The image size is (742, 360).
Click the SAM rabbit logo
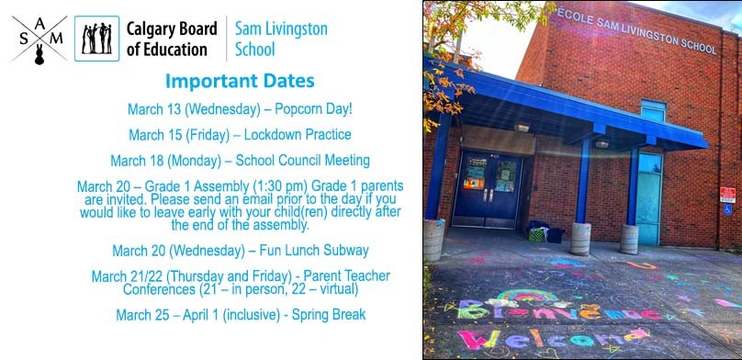pyautogui.click(x=39, y=39)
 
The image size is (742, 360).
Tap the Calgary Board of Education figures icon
pyautogui.click(x=96, y=39)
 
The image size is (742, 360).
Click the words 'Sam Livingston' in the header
pyautogui.click(x=281, y=28)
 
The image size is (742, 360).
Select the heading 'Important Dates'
pyautogui.click(x=240, y=80)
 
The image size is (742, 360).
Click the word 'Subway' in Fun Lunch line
pyautogui.click(x=345, y=250)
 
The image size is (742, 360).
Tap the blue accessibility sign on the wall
pyautogui.click(x=727, y=209)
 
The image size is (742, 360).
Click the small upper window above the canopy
pyautogui.click(x=652, y=111)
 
